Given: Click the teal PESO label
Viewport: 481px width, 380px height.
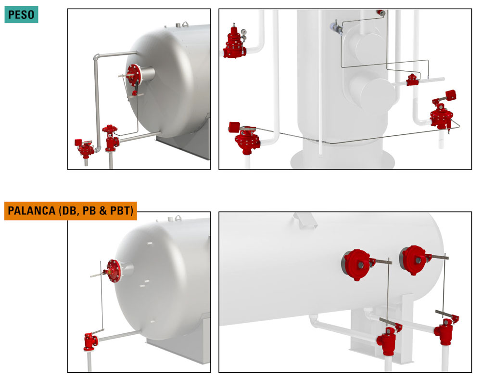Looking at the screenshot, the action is click(21, 14).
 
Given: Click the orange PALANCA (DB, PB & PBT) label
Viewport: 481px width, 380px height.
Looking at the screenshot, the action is click(71, 211).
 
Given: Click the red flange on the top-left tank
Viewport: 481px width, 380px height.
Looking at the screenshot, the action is click(134, 75).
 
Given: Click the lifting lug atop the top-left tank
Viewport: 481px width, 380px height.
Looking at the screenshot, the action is click(185, 24).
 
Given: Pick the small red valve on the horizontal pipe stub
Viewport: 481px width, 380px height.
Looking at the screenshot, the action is click(412, 79).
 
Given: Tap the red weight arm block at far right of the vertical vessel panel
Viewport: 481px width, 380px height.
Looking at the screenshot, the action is click(450, 95).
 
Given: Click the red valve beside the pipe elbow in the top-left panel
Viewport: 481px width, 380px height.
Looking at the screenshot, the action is click(85, 147).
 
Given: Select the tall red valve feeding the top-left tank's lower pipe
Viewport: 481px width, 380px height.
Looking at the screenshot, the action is click(110, 138).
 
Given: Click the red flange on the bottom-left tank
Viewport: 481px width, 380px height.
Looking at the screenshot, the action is click(115, 270).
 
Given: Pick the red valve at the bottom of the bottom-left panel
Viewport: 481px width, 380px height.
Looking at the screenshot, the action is click(90, 341).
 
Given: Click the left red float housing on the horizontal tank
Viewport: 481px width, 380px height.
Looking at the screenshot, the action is click(357, 265).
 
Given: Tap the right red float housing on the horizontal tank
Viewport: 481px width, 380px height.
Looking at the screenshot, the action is click(414, 261).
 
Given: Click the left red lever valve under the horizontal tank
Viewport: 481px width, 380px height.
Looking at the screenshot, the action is click(388, 340).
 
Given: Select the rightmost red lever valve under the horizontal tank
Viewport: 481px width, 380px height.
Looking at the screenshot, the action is click(445, 330).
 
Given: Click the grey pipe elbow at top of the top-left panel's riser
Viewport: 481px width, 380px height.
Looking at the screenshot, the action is click(96, 57).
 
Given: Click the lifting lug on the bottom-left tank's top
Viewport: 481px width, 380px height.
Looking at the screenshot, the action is click(178, 218).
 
